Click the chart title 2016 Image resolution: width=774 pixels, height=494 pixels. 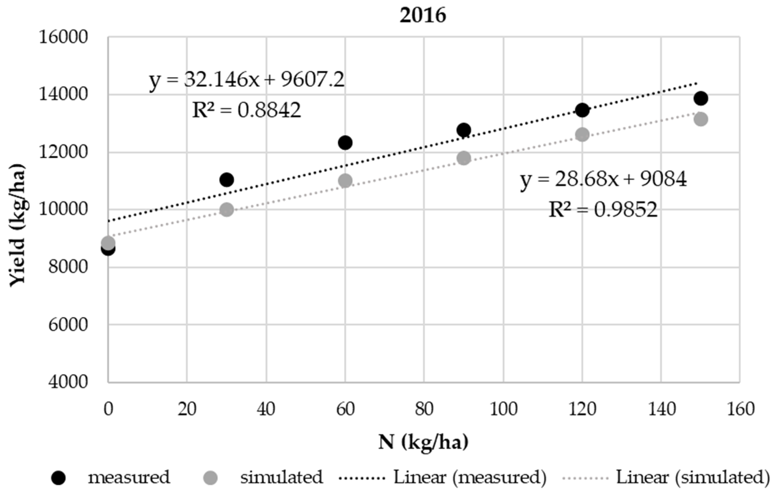(423, 16)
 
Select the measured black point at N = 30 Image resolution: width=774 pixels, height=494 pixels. (227, 180)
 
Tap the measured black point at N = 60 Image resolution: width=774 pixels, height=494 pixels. (345, 142)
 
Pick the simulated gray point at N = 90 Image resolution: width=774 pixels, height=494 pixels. (463, 158)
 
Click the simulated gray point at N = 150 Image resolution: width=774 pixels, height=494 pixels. (701, 119)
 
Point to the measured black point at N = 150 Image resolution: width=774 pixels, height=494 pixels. (701, 98)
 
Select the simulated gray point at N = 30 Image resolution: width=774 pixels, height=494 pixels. (227, 210)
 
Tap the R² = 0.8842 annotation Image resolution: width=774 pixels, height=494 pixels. (246, 110)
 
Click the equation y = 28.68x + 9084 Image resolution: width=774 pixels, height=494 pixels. (603, 179)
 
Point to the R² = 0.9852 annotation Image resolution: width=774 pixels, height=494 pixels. (603, 210)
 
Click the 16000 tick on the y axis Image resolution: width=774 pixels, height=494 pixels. (63, 37)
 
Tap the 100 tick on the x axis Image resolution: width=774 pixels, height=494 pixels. (503, 409)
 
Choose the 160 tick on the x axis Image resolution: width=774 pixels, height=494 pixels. (740, 409)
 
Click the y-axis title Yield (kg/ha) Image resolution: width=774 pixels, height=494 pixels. (18, 225)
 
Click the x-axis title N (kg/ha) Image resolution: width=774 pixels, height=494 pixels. (423, 443)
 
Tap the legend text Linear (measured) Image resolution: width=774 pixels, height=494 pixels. (470, 477)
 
